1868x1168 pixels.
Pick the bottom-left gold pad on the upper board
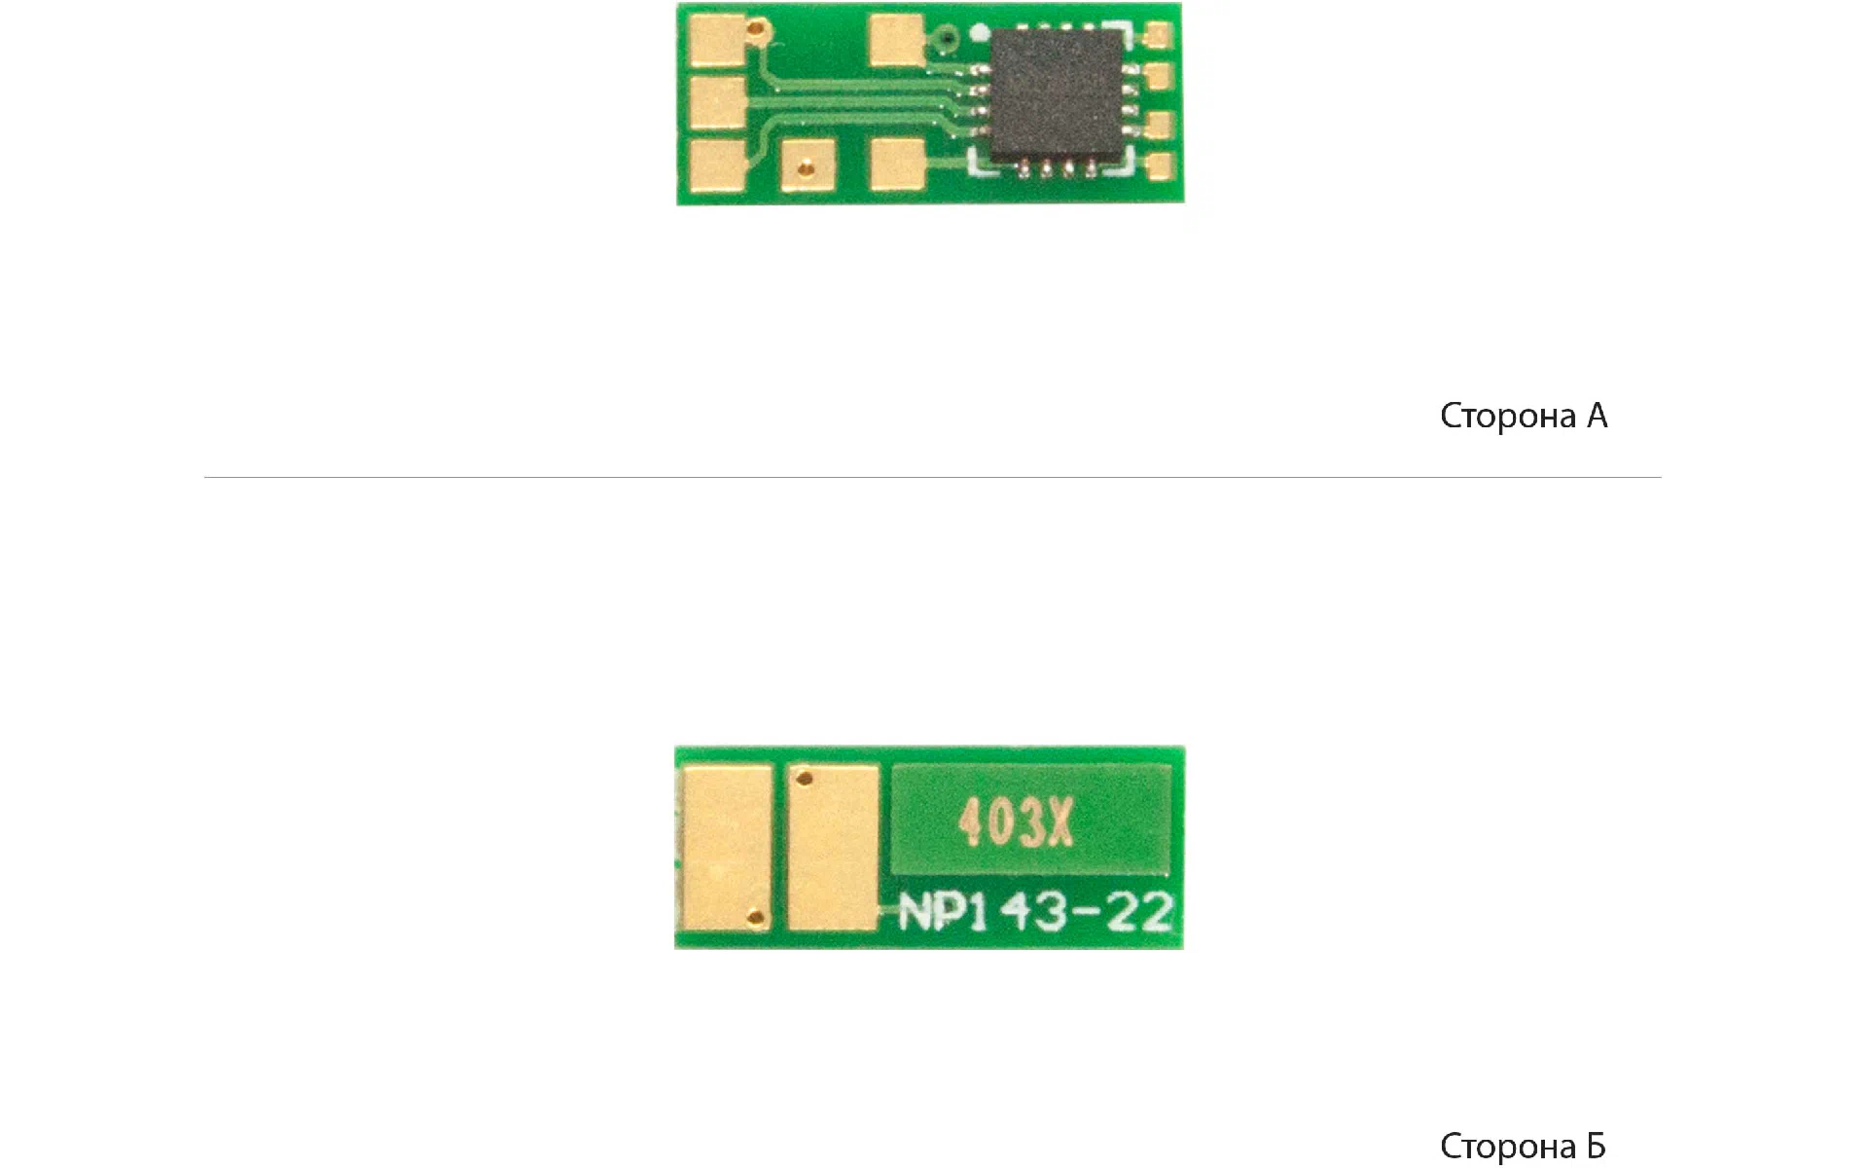pos(718,164)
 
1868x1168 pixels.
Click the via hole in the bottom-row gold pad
pos(804,170)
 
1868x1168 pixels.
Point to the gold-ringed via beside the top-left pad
pos(757,32)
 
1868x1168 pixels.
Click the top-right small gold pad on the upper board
pos(1159,37)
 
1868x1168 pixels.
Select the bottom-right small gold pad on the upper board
pos(1160,165)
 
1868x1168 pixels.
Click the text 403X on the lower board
pos(1016,823)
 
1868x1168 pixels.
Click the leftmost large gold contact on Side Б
pos(727,847)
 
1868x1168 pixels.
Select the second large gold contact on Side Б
pos(833,847)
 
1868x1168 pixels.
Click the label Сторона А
pos(1524,416)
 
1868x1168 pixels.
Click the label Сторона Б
pos(1523,1146)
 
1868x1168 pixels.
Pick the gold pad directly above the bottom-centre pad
pos(897,42)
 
